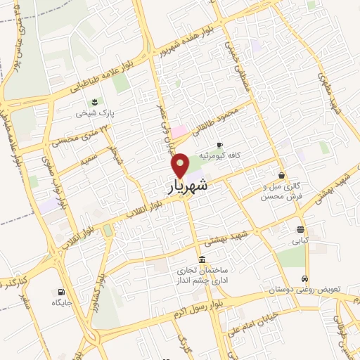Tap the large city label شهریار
(x=188, y=186)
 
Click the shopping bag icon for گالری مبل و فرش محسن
(x=281, y=176)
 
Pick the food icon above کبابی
(x=300, y=229)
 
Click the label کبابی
(x=300, y=240)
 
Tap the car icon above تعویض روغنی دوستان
(x=304, y=278)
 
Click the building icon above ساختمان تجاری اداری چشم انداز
(x=202, y=258)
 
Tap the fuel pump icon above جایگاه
(x=61, y=292)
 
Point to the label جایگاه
(x=61, y=303)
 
